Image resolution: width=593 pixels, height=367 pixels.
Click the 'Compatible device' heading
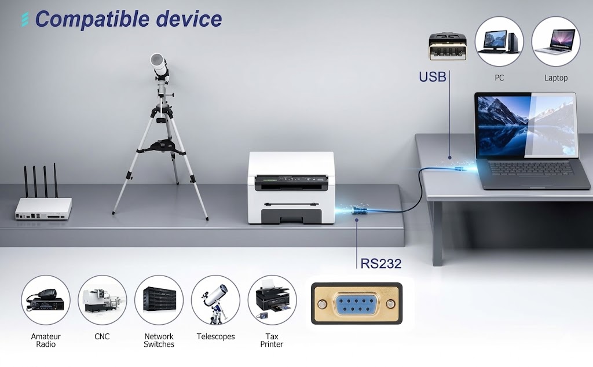[128, 19]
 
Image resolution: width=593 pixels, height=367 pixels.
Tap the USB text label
[433, 77]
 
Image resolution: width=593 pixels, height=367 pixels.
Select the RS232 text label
[381, 263]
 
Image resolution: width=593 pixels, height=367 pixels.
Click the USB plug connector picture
[448, 46]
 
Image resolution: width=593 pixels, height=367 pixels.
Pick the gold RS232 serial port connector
[357, 303]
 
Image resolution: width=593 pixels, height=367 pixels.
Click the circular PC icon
[499, 41]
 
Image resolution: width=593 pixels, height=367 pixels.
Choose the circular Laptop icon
[555, 41]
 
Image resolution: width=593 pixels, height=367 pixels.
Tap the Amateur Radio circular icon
[46, 300]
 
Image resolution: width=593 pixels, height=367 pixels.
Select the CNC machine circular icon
[103, 300]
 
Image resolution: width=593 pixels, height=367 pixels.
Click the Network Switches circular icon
[159, 300]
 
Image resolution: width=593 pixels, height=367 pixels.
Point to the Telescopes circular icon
[215, 300]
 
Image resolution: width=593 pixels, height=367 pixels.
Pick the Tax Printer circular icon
[272, 300]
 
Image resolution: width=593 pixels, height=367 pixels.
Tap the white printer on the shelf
[291, 188]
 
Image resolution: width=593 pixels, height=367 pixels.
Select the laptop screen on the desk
[526, 126]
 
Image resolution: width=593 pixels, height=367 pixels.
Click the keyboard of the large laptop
[530, 168]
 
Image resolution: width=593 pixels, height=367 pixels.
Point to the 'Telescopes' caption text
[215, 336]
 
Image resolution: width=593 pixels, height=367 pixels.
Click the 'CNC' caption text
[102, 336]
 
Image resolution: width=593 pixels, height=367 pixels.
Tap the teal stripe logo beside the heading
[25, 19]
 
